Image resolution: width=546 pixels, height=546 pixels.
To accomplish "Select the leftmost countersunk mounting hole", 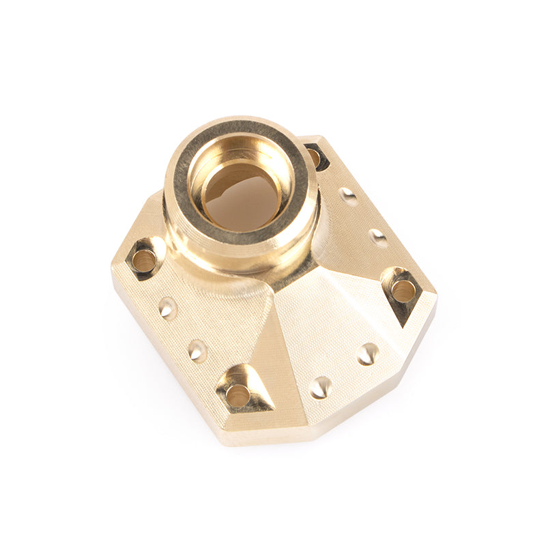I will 144,259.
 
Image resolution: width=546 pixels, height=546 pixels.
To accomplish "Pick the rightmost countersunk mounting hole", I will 403,291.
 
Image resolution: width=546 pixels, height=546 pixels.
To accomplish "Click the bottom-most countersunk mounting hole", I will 238,394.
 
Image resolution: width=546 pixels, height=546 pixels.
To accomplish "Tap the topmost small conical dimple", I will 348,197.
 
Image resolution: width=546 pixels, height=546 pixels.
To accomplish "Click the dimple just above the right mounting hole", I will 377,238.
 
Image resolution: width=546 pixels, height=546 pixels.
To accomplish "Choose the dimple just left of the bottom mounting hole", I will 197,350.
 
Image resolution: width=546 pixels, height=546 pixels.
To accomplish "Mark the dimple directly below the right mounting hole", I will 367,354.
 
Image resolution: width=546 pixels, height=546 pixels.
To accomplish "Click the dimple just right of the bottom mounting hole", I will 320,387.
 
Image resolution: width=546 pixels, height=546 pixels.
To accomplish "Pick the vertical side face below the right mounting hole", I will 416,341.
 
